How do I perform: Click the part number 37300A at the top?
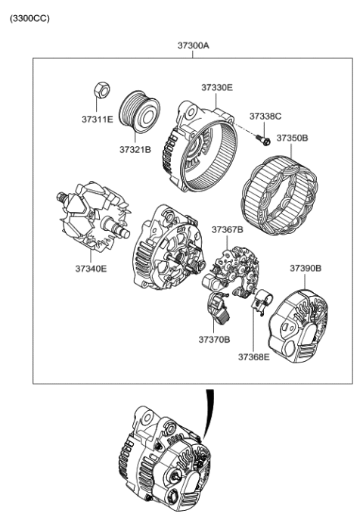tap(194, 46)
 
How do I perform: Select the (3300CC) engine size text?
tap(29, 17)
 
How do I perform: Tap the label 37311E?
tap(98, 120)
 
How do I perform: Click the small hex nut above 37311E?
tap(98, 91)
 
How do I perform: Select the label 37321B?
tap(135, 150)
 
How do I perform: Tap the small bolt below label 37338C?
tap(262, 139)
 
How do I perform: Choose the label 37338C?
tap(265, 116)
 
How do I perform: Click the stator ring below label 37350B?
tap(278, 185)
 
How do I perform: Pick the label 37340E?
tap(91, 268)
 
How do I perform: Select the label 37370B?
tap(215, 340)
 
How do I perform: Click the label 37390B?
tap(306, 268)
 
